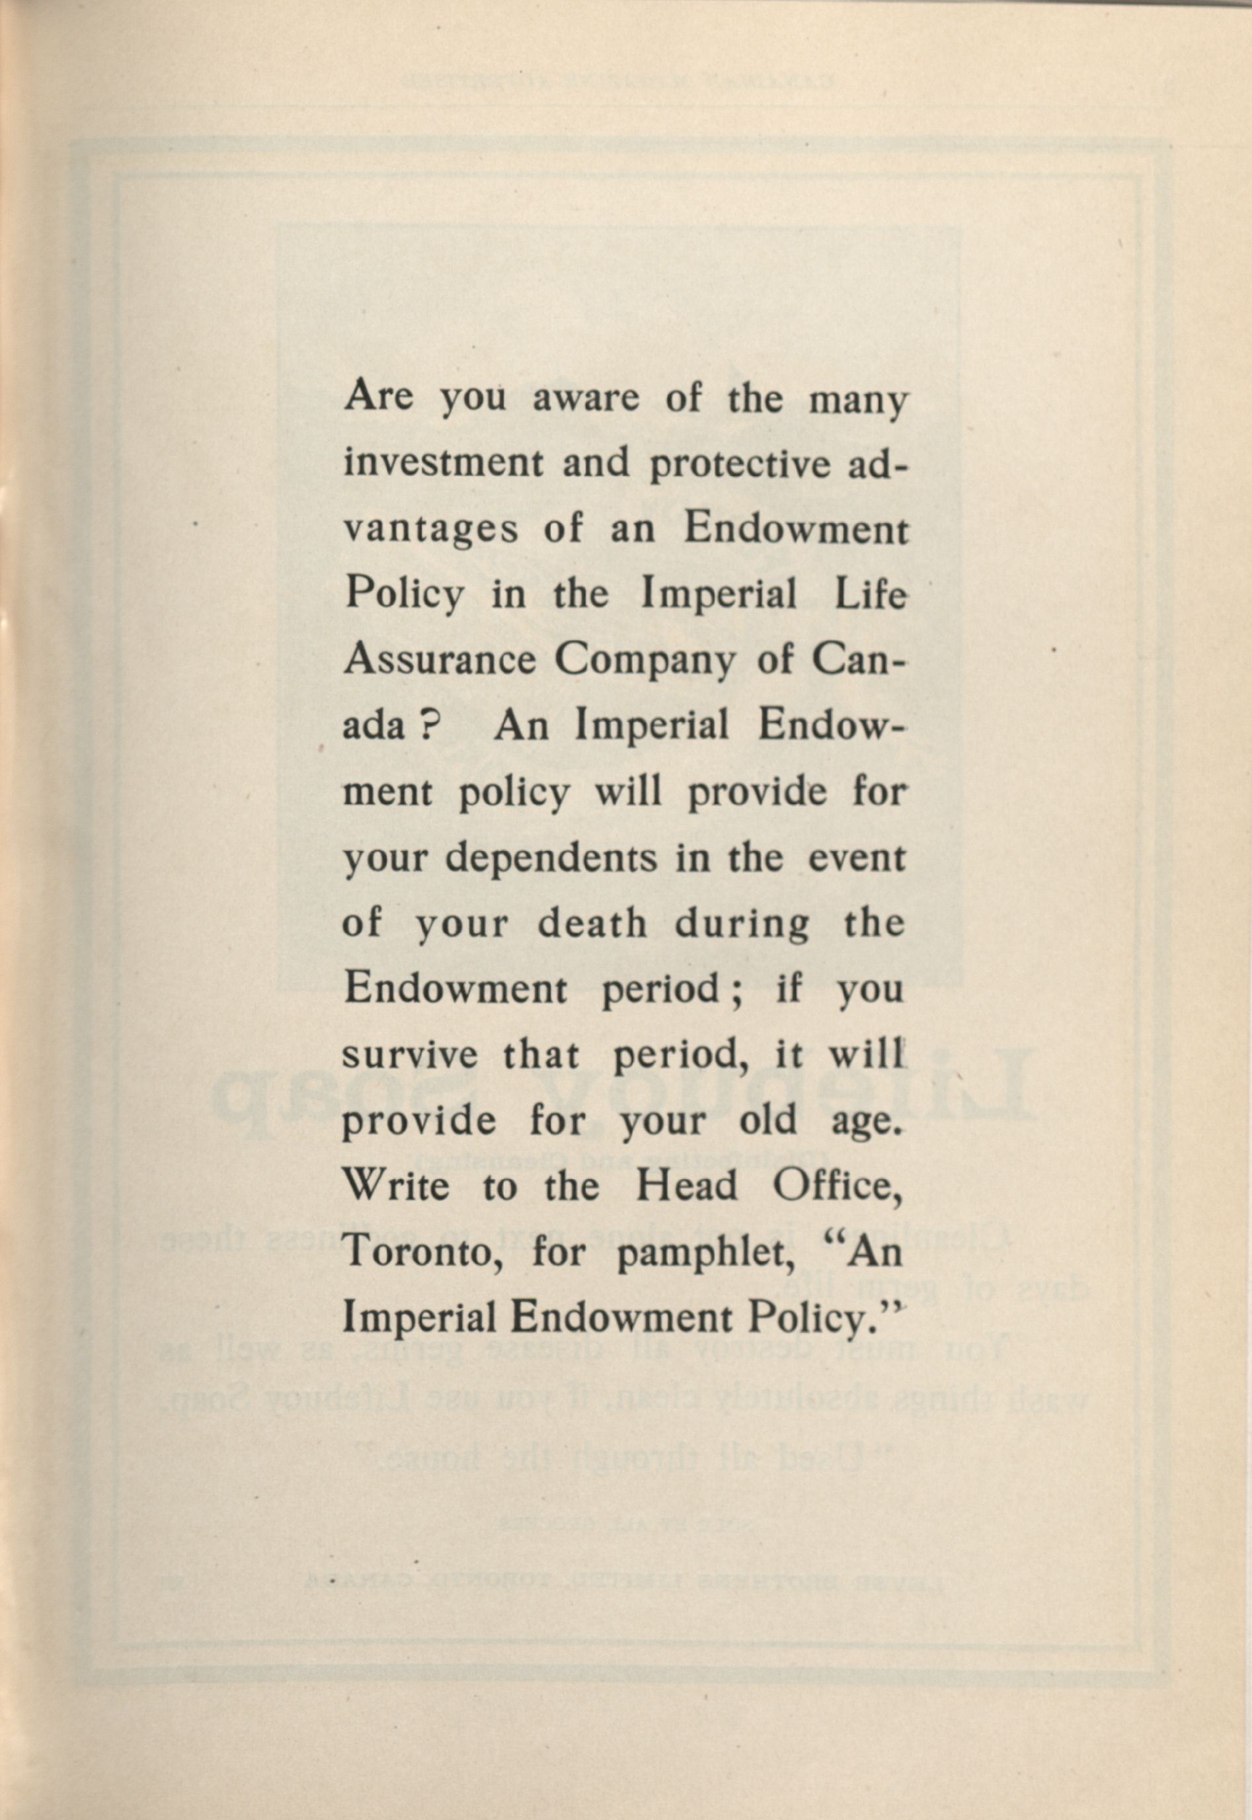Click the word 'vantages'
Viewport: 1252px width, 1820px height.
click(432, 531)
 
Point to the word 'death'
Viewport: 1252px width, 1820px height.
click(592, 925)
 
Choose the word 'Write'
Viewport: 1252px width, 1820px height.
click(397, 1186)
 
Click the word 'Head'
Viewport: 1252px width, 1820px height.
click(686, 1186)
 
